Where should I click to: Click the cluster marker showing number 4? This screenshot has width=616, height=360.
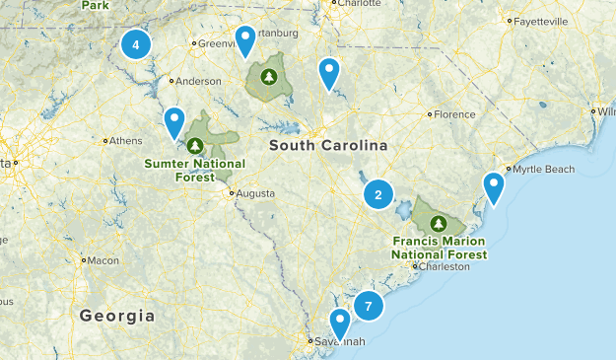(x=135, y=43)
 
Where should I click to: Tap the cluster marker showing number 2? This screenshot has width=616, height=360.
(x=377, y=194)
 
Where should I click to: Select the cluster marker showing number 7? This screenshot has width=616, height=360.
(x=368, y=306)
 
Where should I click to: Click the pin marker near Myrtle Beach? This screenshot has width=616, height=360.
(x=494, y=185)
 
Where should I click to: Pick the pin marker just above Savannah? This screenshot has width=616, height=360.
(x=340, y=323)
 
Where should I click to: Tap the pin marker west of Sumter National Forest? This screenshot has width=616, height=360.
(x=174, y=121)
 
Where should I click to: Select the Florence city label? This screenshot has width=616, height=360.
(x=454, y=114)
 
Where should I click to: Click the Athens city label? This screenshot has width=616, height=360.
(x=125, y=140)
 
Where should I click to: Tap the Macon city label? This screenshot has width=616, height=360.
(x=103, y=260)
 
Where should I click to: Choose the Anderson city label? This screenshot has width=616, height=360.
(x=197, y=82)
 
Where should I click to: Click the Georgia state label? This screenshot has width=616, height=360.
(x=117, y=317)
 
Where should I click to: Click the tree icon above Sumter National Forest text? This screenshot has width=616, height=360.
(x=195, y=146)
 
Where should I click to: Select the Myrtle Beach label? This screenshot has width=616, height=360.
(x=543, y=170)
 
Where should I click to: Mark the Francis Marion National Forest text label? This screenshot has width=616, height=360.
(x=439, y=247)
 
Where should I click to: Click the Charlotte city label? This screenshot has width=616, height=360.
(x=358, y=4)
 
